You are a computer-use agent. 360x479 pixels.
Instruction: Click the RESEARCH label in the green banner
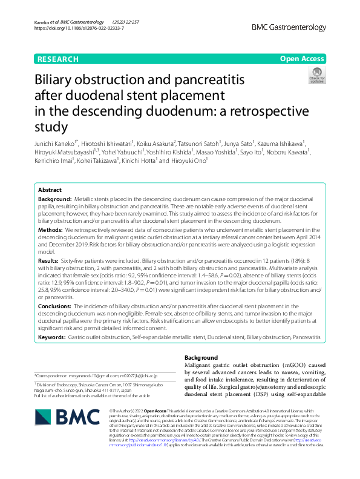58,59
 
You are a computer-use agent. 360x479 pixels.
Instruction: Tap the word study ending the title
51,127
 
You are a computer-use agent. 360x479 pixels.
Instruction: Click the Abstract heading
50,190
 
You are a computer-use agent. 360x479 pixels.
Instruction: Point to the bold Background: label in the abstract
54,199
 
